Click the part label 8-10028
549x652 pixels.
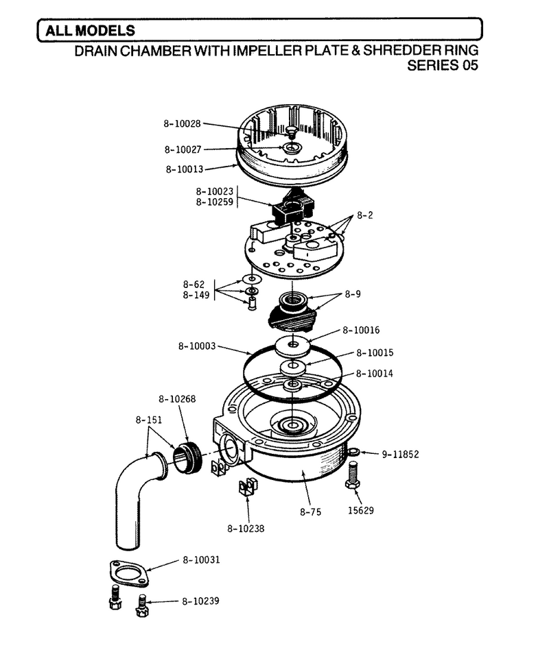(182, 123)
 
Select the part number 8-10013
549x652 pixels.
(185, 169)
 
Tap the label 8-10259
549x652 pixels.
(215, 202)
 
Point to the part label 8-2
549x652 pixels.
(364, 215)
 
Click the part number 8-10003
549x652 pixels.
(197, 346)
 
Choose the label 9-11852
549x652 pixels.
(400, 454)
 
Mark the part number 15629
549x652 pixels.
(361, 510)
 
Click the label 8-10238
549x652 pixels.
(246, 529)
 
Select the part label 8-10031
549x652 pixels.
(201, 560)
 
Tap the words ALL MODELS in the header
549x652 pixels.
(90, 30)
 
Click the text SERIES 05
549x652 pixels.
(443, 65)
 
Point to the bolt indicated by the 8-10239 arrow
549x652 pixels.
(142, 606)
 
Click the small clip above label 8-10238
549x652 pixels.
(247, 487)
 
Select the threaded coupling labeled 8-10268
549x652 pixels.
(188, 458)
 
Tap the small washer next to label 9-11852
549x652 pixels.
(353, 452)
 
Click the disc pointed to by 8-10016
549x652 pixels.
(294, 346)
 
